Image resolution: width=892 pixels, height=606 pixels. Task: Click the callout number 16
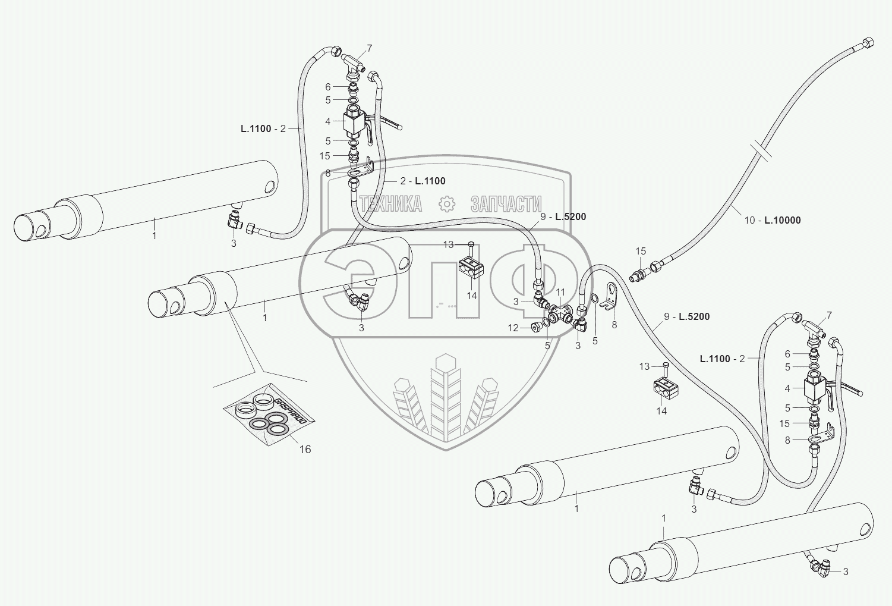(x=305, y=450)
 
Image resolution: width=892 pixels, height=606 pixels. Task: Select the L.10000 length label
(x=783, y=220)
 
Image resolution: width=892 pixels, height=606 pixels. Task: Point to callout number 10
(x=749, y=220)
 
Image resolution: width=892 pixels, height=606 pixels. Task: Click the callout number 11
(x=560, y=293)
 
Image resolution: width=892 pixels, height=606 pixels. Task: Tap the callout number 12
(x=513, y=328)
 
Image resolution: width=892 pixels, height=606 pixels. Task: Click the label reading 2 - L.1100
(x=423, y=181)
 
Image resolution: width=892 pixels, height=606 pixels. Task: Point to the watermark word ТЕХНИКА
(x=390, y=204)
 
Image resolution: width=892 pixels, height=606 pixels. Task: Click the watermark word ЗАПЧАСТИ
(x=506, y=204)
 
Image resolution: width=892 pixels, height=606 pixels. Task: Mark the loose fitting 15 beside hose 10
(x=640, y=275)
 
